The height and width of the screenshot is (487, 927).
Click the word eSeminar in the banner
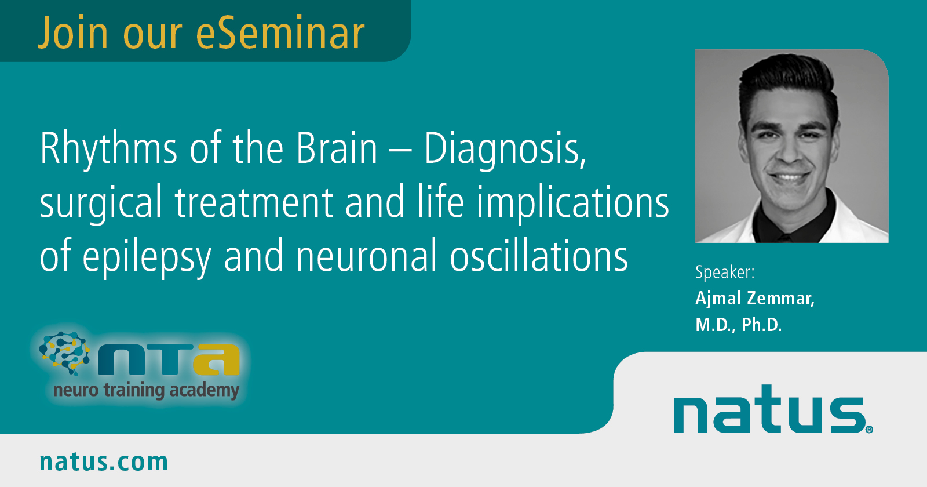280,33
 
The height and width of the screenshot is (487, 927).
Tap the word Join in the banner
73,33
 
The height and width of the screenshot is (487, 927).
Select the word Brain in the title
337,148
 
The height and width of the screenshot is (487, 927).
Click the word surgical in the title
101,203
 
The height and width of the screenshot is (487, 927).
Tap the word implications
573,203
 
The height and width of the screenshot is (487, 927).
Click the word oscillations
539,256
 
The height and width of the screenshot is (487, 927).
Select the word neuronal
367,256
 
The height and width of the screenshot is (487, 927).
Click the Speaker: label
725,272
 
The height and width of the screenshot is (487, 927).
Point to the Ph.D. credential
761,325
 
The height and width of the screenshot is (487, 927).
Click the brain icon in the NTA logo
64,353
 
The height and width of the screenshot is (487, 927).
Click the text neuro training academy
147,391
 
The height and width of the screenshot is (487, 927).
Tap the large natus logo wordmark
770,409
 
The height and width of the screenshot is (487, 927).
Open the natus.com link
104,461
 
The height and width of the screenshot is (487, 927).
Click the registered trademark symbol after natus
869,429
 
